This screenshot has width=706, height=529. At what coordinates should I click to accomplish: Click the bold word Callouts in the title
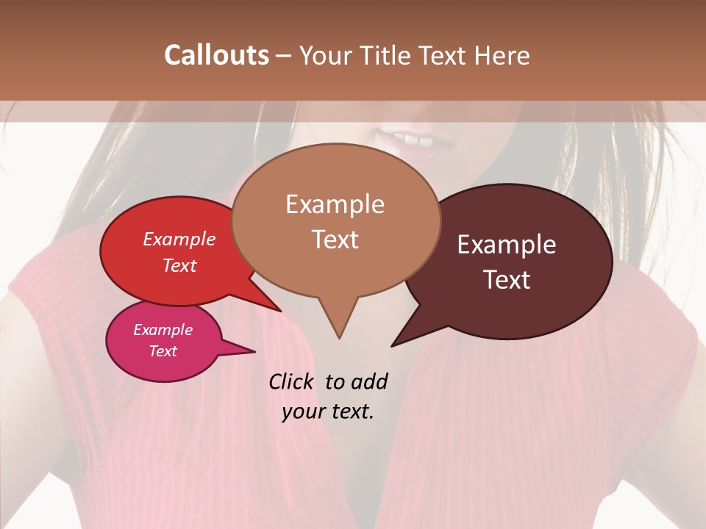216,55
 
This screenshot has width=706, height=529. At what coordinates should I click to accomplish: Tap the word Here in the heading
502,55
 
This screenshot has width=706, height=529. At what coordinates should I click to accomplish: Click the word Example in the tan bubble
335,204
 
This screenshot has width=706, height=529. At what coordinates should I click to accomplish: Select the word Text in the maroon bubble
507,280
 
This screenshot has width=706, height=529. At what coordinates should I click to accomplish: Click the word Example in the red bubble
179,240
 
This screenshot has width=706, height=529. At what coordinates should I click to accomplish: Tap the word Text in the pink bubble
163,351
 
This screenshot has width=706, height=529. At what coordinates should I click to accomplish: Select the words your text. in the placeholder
328,411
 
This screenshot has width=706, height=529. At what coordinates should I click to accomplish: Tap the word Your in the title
327,56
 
